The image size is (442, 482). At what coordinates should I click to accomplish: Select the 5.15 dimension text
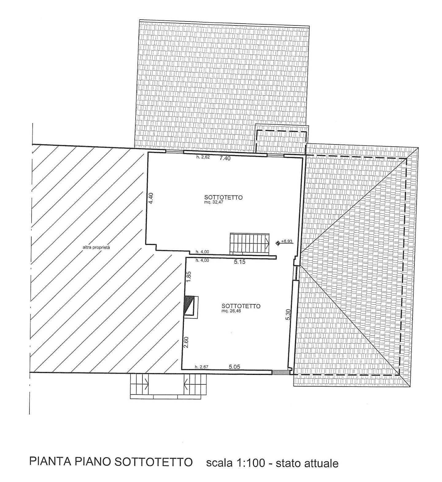coord(239,262)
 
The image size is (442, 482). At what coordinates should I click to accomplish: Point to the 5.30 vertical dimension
coord(288,314)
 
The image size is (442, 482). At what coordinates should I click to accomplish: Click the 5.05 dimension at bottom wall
coord(235,366)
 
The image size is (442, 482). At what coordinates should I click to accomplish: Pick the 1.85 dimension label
coord(189,277)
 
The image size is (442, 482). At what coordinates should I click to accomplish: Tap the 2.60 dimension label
coord(186,342)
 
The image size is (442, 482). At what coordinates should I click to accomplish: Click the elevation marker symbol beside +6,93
coord(278,243)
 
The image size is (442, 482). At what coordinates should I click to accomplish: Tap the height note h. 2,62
coord(203,157)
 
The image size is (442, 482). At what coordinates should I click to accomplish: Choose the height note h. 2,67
coord(202,367)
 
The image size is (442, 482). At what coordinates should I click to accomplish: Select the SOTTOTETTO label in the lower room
coord(241,306)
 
